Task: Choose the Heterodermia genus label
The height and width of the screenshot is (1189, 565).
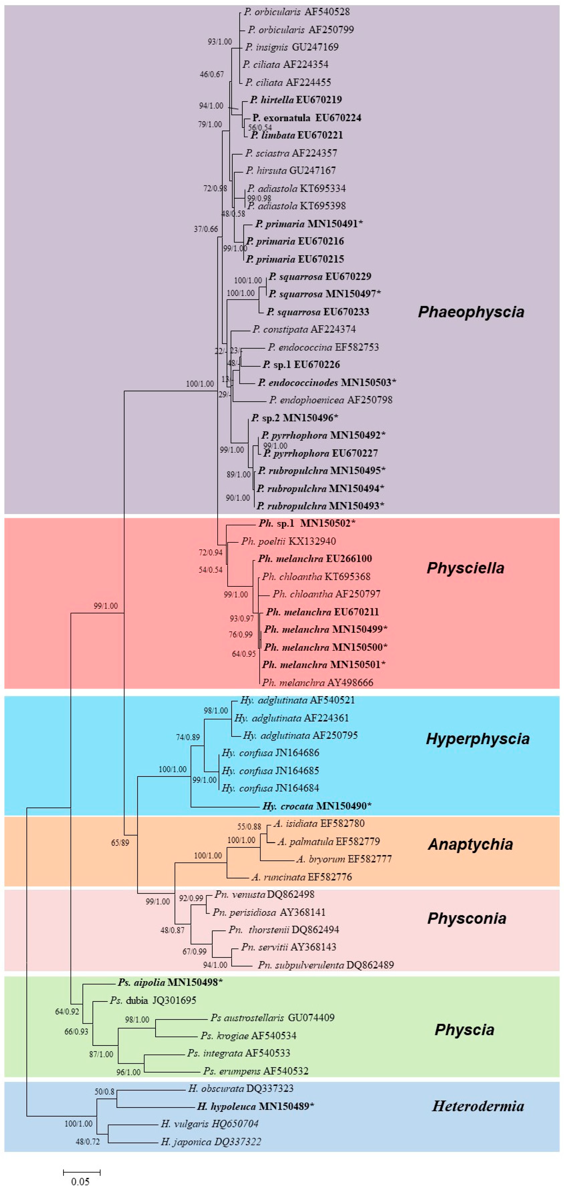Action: tap(478, 1106)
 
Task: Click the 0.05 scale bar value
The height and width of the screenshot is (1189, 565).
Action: tap(80, 1181)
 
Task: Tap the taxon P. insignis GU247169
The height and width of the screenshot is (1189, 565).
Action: tap(292, 47)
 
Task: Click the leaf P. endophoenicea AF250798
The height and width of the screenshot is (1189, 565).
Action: tap(331, 400)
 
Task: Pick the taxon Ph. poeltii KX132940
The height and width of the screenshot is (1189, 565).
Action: tap(288, 541)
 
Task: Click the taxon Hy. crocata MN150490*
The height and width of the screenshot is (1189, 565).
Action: tap(317, 806)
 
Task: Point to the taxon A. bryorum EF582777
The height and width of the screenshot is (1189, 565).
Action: tap(344, 859)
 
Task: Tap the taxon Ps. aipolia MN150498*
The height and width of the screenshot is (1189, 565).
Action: tap(170, 982)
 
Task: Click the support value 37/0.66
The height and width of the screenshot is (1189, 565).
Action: tap(205, 229)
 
